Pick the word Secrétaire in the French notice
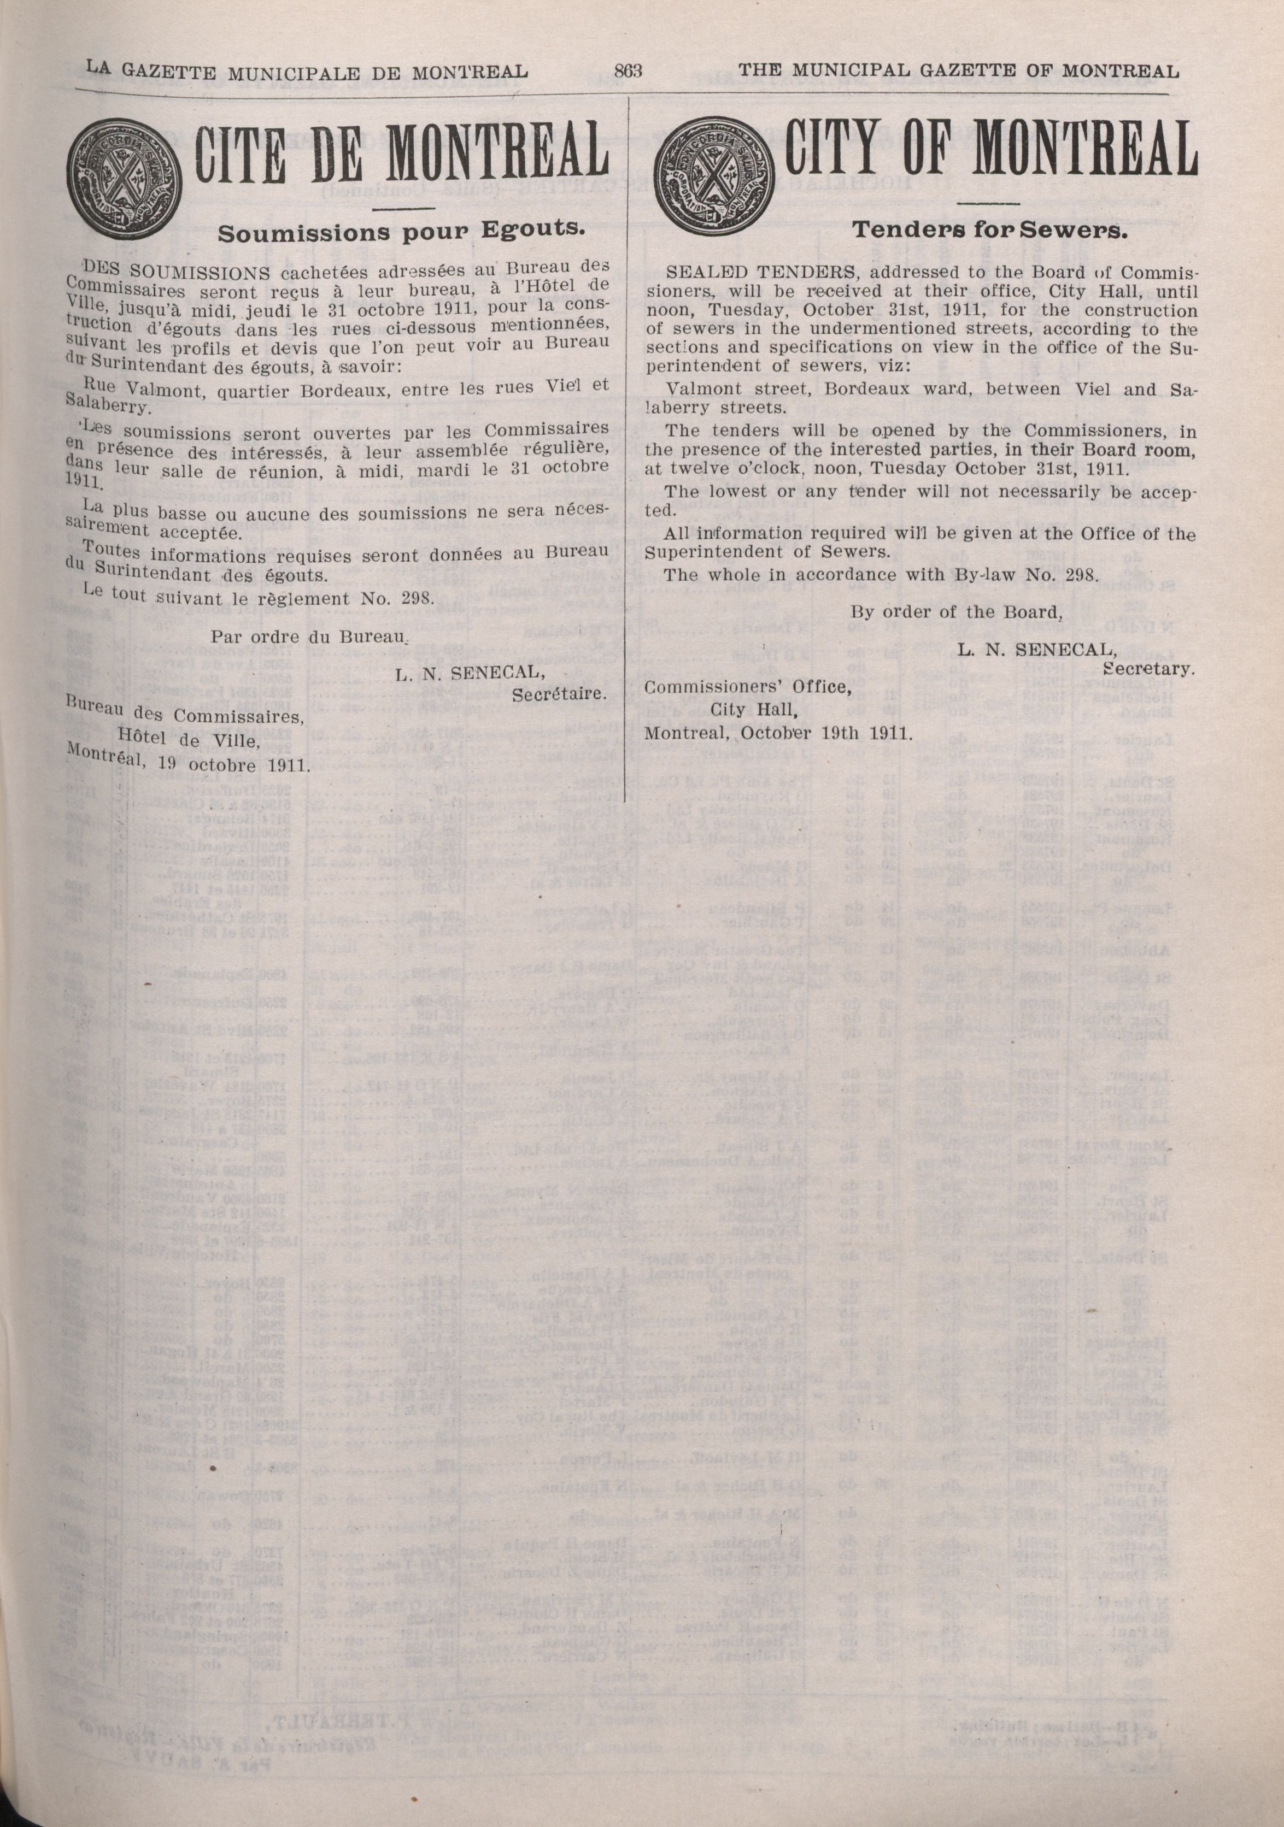[x=560, y=694]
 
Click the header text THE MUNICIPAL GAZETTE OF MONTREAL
[x=958, y=72]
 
